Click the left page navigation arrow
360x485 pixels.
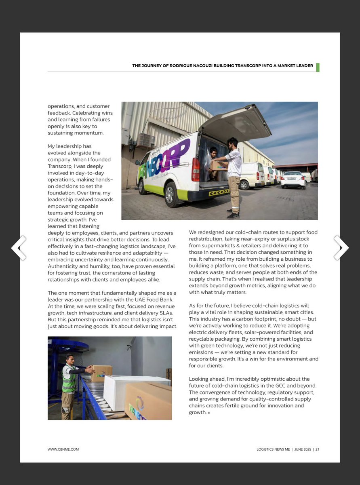pos(19,247)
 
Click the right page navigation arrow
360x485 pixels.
pos(341,247)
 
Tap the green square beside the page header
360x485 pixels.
pos(318,67)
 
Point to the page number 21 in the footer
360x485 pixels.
pos(317,449)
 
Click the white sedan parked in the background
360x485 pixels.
pos(293,179)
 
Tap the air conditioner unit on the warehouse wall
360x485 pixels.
pos(145,141)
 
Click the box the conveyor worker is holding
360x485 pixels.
pos(101,373)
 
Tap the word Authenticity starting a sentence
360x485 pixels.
pos(63,266)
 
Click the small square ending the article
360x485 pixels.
pos(209,413)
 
